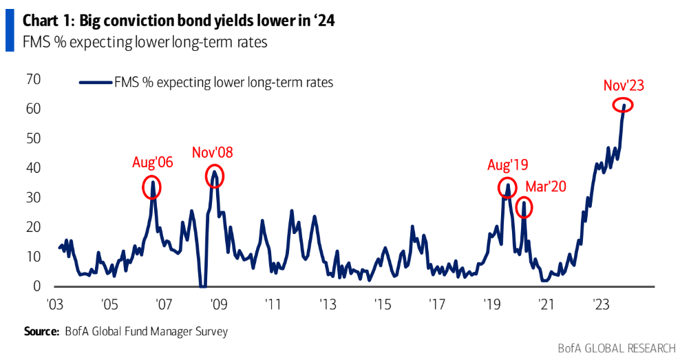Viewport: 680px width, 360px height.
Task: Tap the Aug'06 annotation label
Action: click(x=152, y=163)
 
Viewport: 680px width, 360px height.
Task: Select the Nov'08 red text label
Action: click(x=213, y=152)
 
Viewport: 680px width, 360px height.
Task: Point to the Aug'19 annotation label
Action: click(x=507, y=165)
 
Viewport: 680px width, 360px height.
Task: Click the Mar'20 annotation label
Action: click(x=546, y=187)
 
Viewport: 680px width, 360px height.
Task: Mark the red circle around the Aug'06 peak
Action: click(x=152, y=186)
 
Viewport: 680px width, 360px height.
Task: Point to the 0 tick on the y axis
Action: click(x=38, y=286)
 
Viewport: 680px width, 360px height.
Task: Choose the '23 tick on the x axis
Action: click(x=600, y=304)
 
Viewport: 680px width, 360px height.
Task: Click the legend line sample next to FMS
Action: click(x=96, y=83)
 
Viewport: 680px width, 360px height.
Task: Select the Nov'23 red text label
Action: click(x=623, y=85)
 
